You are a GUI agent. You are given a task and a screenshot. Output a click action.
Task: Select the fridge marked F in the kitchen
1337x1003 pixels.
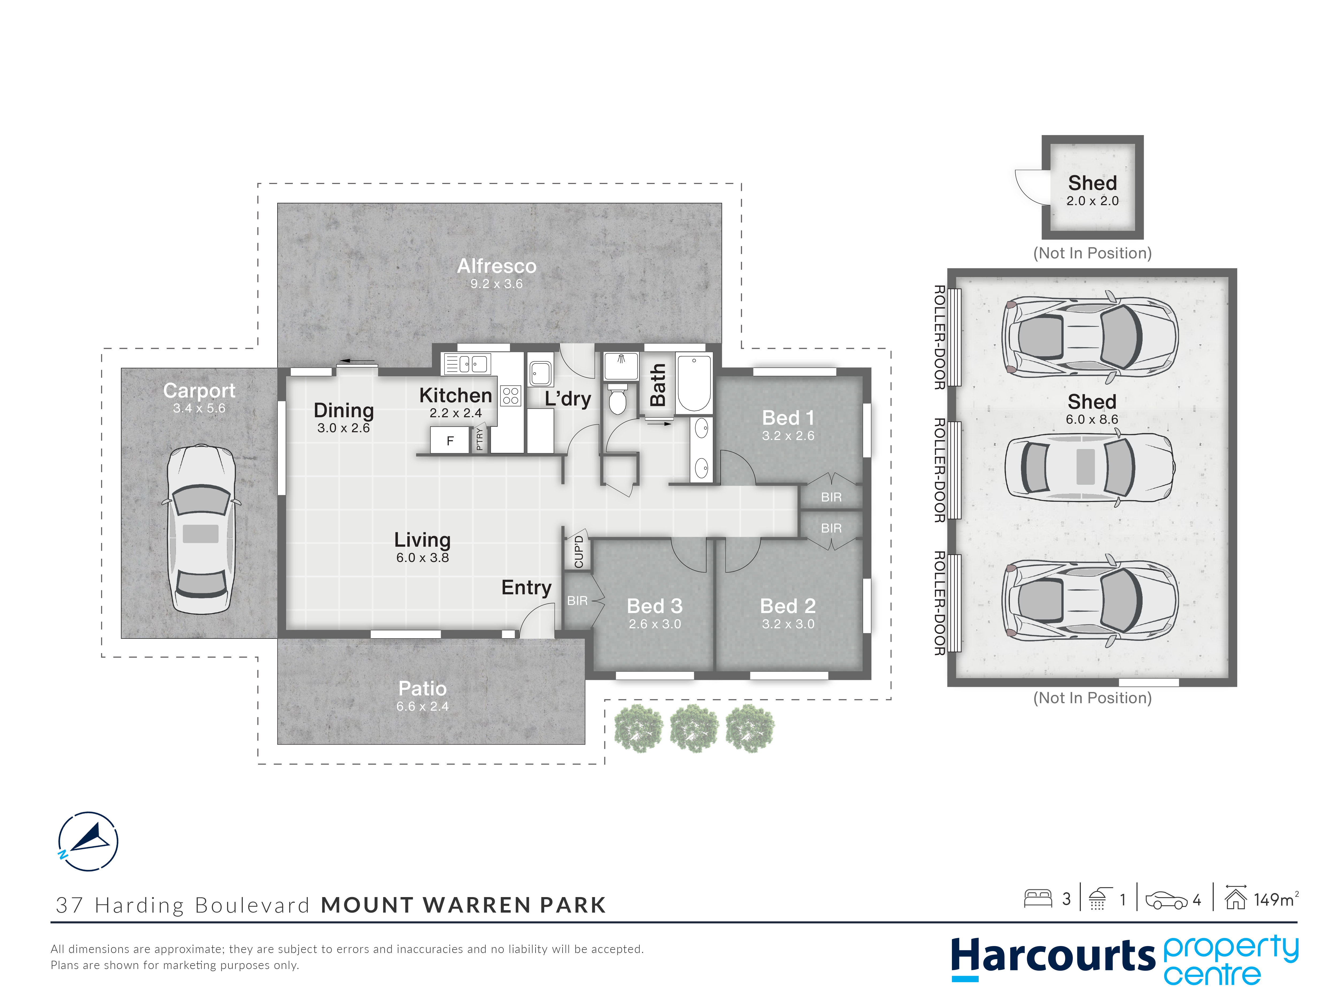[x=450, y=440]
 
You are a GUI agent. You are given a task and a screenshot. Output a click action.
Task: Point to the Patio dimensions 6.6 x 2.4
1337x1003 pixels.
[x=422, y=706]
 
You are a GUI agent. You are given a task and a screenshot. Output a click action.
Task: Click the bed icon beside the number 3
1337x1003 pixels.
[x=1038, y=899]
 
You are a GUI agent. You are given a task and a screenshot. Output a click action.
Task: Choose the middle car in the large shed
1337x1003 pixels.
[x=1090, y=467]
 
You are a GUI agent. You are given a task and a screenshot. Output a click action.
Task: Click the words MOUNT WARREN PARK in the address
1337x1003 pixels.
[x=463, y=905]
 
